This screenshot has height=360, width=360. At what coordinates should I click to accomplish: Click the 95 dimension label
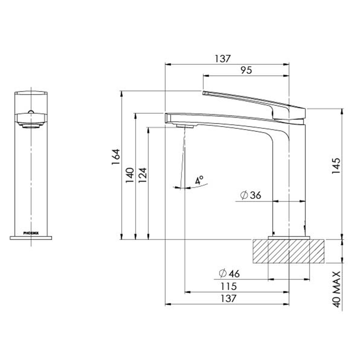click(246, 70)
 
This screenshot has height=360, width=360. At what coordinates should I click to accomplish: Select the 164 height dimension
click(116, 158)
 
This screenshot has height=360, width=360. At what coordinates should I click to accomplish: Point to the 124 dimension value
click(143, 175)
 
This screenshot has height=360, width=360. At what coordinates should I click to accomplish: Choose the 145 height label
click(336, 166)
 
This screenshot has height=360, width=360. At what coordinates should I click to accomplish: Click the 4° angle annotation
click(199, 181)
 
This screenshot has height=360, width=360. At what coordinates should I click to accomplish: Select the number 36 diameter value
click(255, 195)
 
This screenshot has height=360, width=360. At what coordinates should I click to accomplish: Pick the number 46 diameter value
click(234, 274)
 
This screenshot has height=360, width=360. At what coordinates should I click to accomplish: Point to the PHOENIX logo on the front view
click(31, 233)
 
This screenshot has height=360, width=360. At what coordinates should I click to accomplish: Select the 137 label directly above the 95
click(223, 59)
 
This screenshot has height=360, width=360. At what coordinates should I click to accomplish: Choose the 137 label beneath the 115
click(228, 298)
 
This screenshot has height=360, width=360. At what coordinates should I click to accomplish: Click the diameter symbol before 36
click(244, 195)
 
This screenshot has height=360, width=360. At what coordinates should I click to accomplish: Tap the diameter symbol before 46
click(223, 274)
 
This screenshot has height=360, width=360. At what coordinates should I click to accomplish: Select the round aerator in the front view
click(31, 126)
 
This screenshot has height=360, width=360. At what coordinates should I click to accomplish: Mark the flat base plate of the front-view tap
click(31, 238)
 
